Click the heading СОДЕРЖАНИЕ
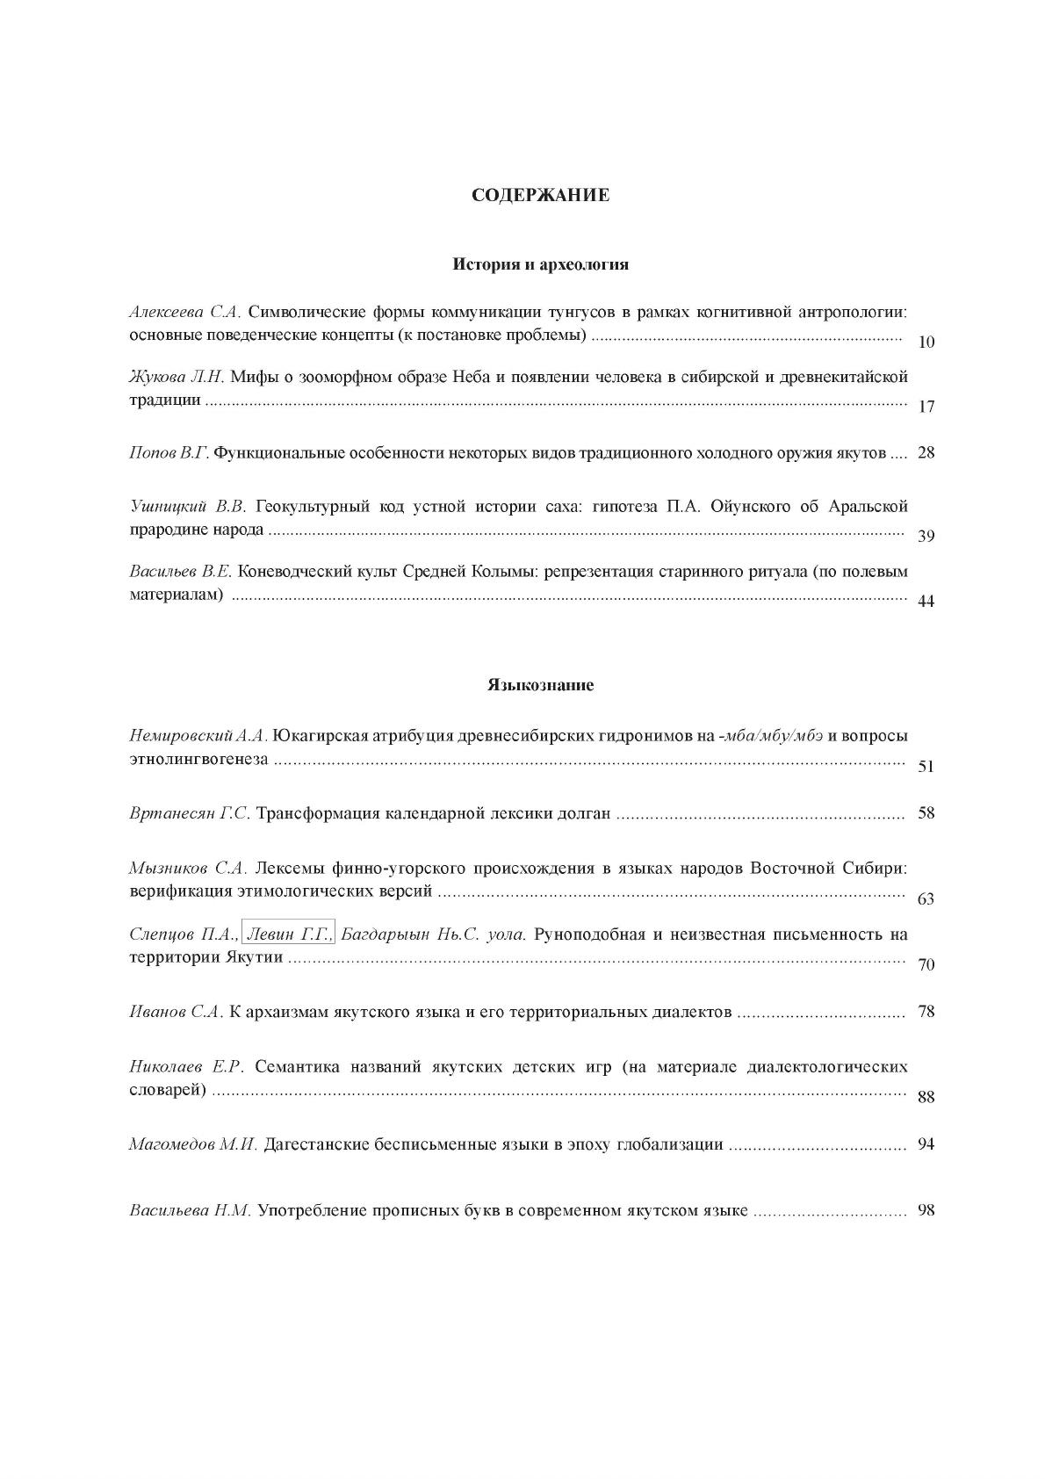tap(540, 195)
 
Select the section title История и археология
tap(540, 263)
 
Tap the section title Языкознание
tap(540, 685)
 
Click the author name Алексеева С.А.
tap(185, 312)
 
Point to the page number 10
tap(926, 342)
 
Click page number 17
tap(926, 407)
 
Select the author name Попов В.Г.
tap(168, 453)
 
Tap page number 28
tap(926, 453)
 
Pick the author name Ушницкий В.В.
tap(187, 507)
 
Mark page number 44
tap(926, 602)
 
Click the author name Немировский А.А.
tap(198, 736)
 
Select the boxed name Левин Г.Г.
tap(288, 934)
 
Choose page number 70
tap(926, 965)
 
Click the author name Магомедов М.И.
tap(192, 1144)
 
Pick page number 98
tap(926, 1210)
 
